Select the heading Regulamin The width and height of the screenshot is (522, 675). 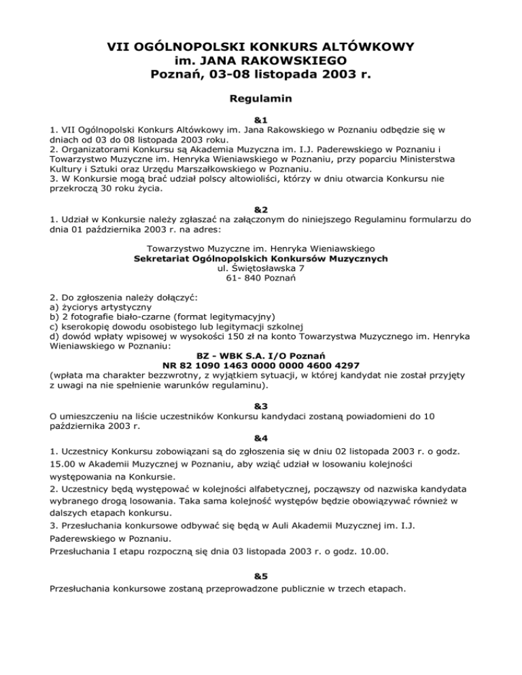[261, 99]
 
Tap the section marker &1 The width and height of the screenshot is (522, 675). [261, 118]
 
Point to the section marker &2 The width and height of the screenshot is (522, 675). [261, 211]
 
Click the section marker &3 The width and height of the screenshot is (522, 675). [261, 406]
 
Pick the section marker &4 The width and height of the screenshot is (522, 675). [261, 436]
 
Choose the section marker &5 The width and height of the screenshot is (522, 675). [261, 574]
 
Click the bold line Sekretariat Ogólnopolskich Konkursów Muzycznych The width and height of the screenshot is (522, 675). [261, 259]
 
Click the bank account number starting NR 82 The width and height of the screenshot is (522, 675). [261, 364]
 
